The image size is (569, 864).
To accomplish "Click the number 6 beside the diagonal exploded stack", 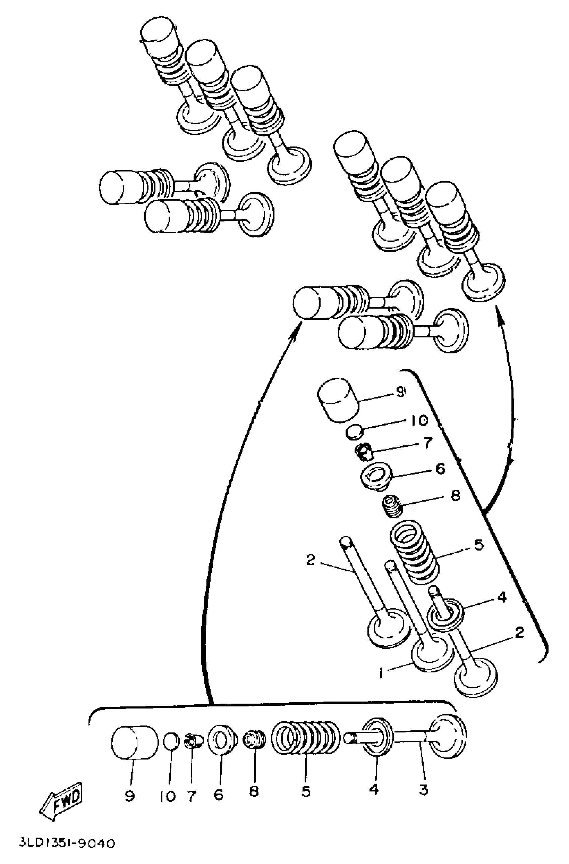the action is pos(440,469).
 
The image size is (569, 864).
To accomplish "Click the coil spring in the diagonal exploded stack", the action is pos(413,551).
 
